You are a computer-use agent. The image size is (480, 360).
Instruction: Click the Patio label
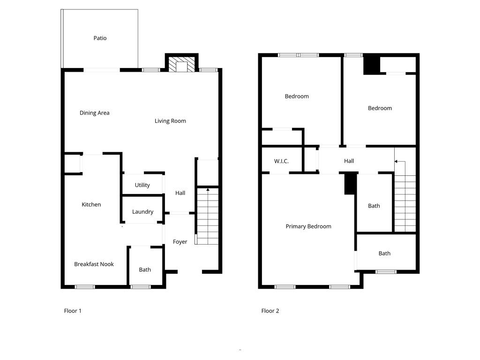click(x=100, y=38)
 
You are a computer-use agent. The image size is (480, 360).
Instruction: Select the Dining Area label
click(x=94, y=113)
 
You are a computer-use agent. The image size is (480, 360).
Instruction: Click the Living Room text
click(x=170, y=121)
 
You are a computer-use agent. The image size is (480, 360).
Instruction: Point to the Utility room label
click(x=142, y=185)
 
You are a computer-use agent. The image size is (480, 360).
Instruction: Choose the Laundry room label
click(x=142, y=212)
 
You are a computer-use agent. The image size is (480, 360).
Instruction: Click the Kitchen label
click(x=91, y=204)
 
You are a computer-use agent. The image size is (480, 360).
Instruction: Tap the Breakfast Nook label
click(x=94, y=264)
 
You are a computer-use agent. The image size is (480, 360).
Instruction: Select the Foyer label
click(x=180, y=242)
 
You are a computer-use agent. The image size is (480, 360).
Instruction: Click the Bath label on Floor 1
click(x=145, y=270)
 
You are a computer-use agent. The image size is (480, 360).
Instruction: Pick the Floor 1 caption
click(x=73, y=311)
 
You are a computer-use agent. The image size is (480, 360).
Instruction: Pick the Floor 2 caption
click(x=270, y=311)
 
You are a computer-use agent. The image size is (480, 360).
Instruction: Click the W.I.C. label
click(x=281, y=161)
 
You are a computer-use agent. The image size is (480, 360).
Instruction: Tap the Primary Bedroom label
click(x=308, y=226)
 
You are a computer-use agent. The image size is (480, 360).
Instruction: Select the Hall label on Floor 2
click(x=349, y=161)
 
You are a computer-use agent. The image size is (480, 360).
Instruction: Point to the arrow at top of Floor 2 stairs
click(x=397, y=162)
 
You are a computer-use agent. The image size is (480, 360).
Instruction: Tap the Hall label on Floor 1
click(x=180, y=193)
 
